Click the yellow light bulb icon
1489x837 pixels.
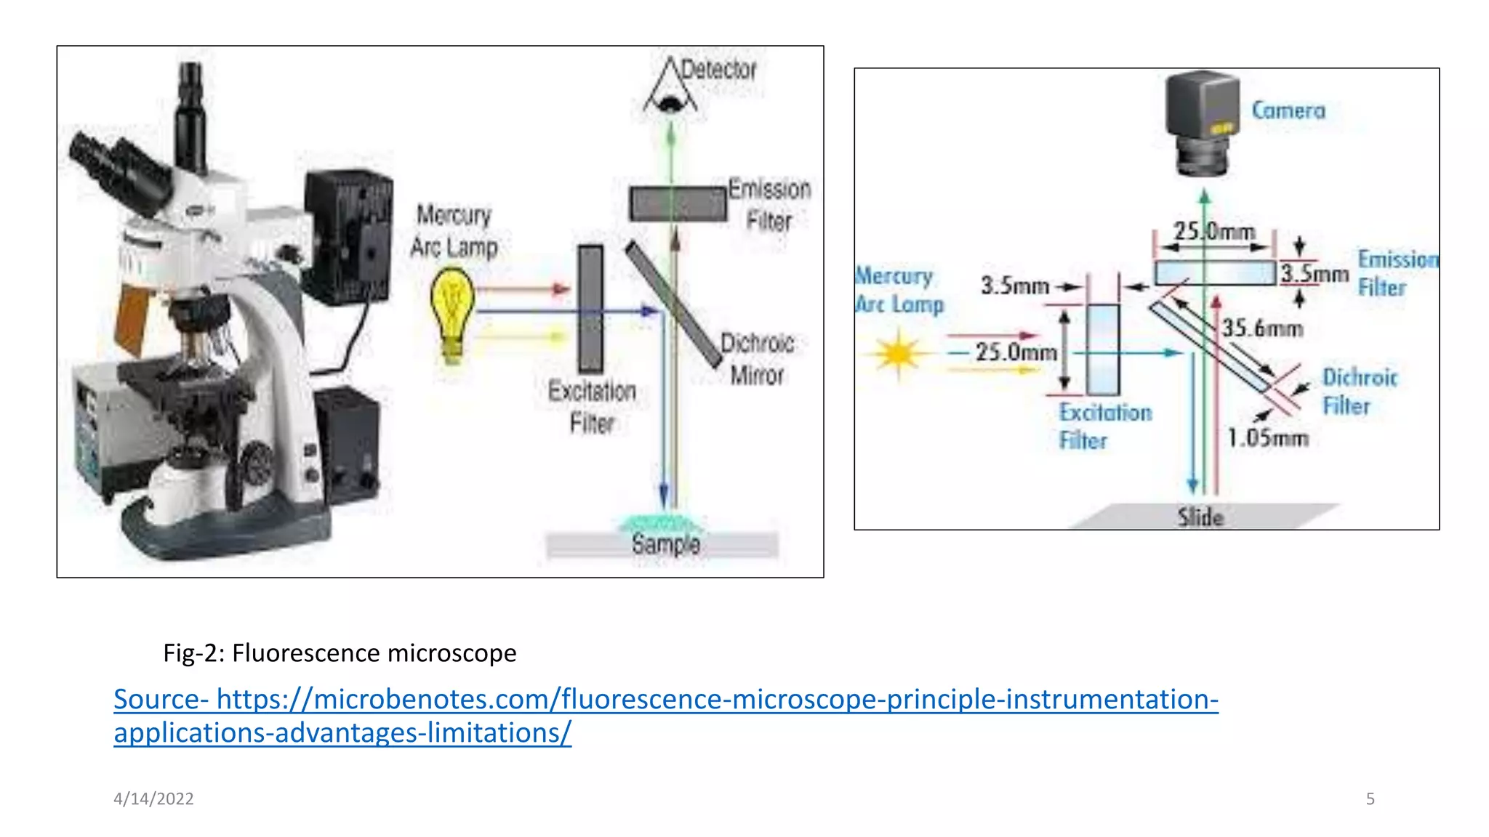coord(452,312)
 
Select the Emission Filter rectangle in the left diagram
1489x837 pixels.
coord(677,204)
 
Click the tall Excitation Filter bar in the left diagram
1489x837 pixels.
coord(590,309)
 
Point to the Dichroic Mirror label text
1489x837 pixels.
coord(757,359)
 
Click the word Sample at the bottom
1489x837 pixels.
coord(665,544)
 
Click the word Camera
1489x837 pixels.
coord(1288,110)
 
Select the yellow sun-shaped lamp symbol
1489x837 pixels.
coord(899,354)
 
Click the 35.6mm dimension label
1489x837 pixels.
coord(1262,328)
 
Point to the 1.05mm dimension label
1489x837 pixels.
coord(1268,438)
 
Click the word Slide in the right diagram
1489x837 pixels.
coord(1200,517)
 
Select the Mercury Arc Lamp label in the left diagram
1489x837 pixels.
coord(454,231)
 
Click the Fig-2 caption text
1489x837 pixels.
coord(340,652)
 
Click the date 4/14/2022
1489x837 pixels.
coord(153,798)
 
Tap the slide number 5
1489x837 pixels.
coord(1370,798)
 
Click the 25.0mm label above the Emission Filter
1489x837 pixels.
coord(1214,232)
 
